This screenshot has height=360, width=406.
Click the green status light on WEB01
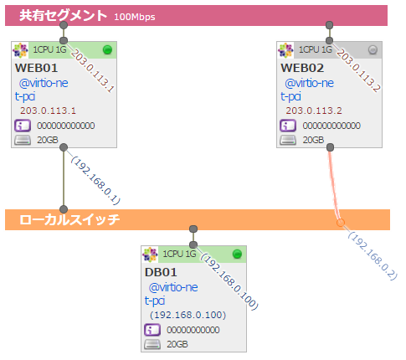pyautogui.click(x=107, y=50)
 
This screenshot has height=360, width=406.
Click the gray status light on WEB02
pyautogui.click(x=373, y=50)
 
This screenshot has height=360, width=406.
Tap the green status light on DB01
pyautogui.click(x=237, y=254)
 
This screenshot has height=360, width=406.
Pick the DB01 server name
pyautogui.click(x=161, y=271)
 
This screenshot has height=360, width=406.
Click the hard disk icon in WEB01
pyautogui.click(x=23, y=140)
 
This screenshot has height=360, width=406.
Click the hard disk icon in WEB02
pyautogui.click(x=288, y=140)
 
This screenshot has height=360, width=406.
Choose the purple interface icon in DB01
pyautogui.click(x=152, y=330)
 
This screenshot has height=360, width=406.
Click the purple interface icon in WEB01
pyautogui.click(x=23, y=126)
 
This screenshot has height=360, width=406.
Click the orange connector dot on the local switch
pyautogui.click(x=340, y=222)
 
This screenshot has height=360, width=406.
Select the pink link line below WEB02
pyautogui.click(x=335, y=184)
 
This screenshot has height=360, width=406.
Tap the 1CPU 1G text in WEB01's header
pyautogui.click(x=50, y=50)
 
